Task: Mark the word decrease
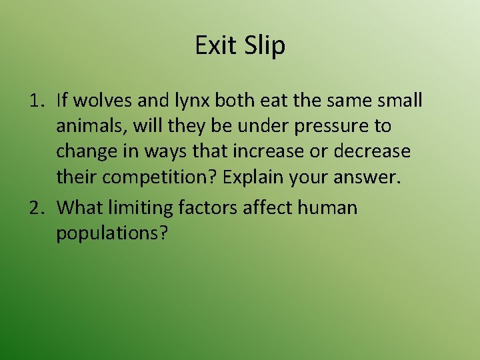point(373,151)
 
